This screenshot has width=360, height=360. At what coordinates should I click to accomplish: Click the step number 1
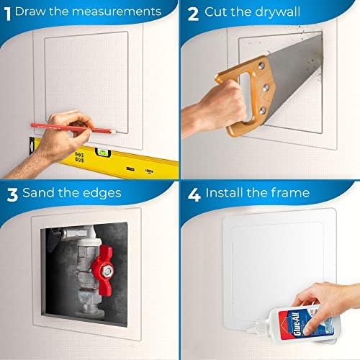(7, 12)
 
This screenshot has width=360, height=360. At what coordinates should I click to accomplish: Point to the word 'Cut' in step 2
(216, 12)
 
